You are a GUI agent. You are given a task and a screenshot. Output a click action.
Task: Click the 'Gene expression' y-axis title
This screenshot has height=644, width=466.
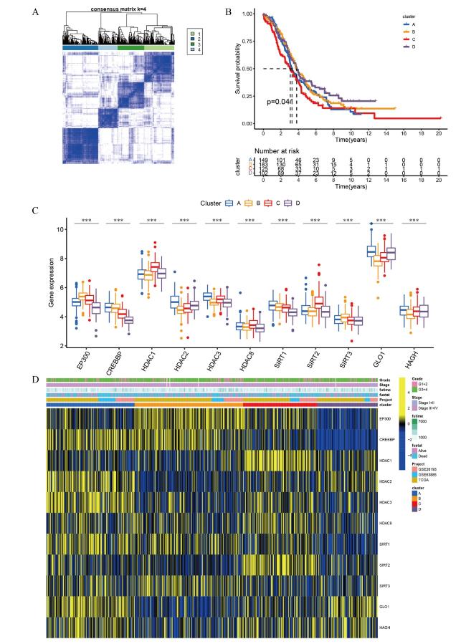(x=52, y=287)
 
